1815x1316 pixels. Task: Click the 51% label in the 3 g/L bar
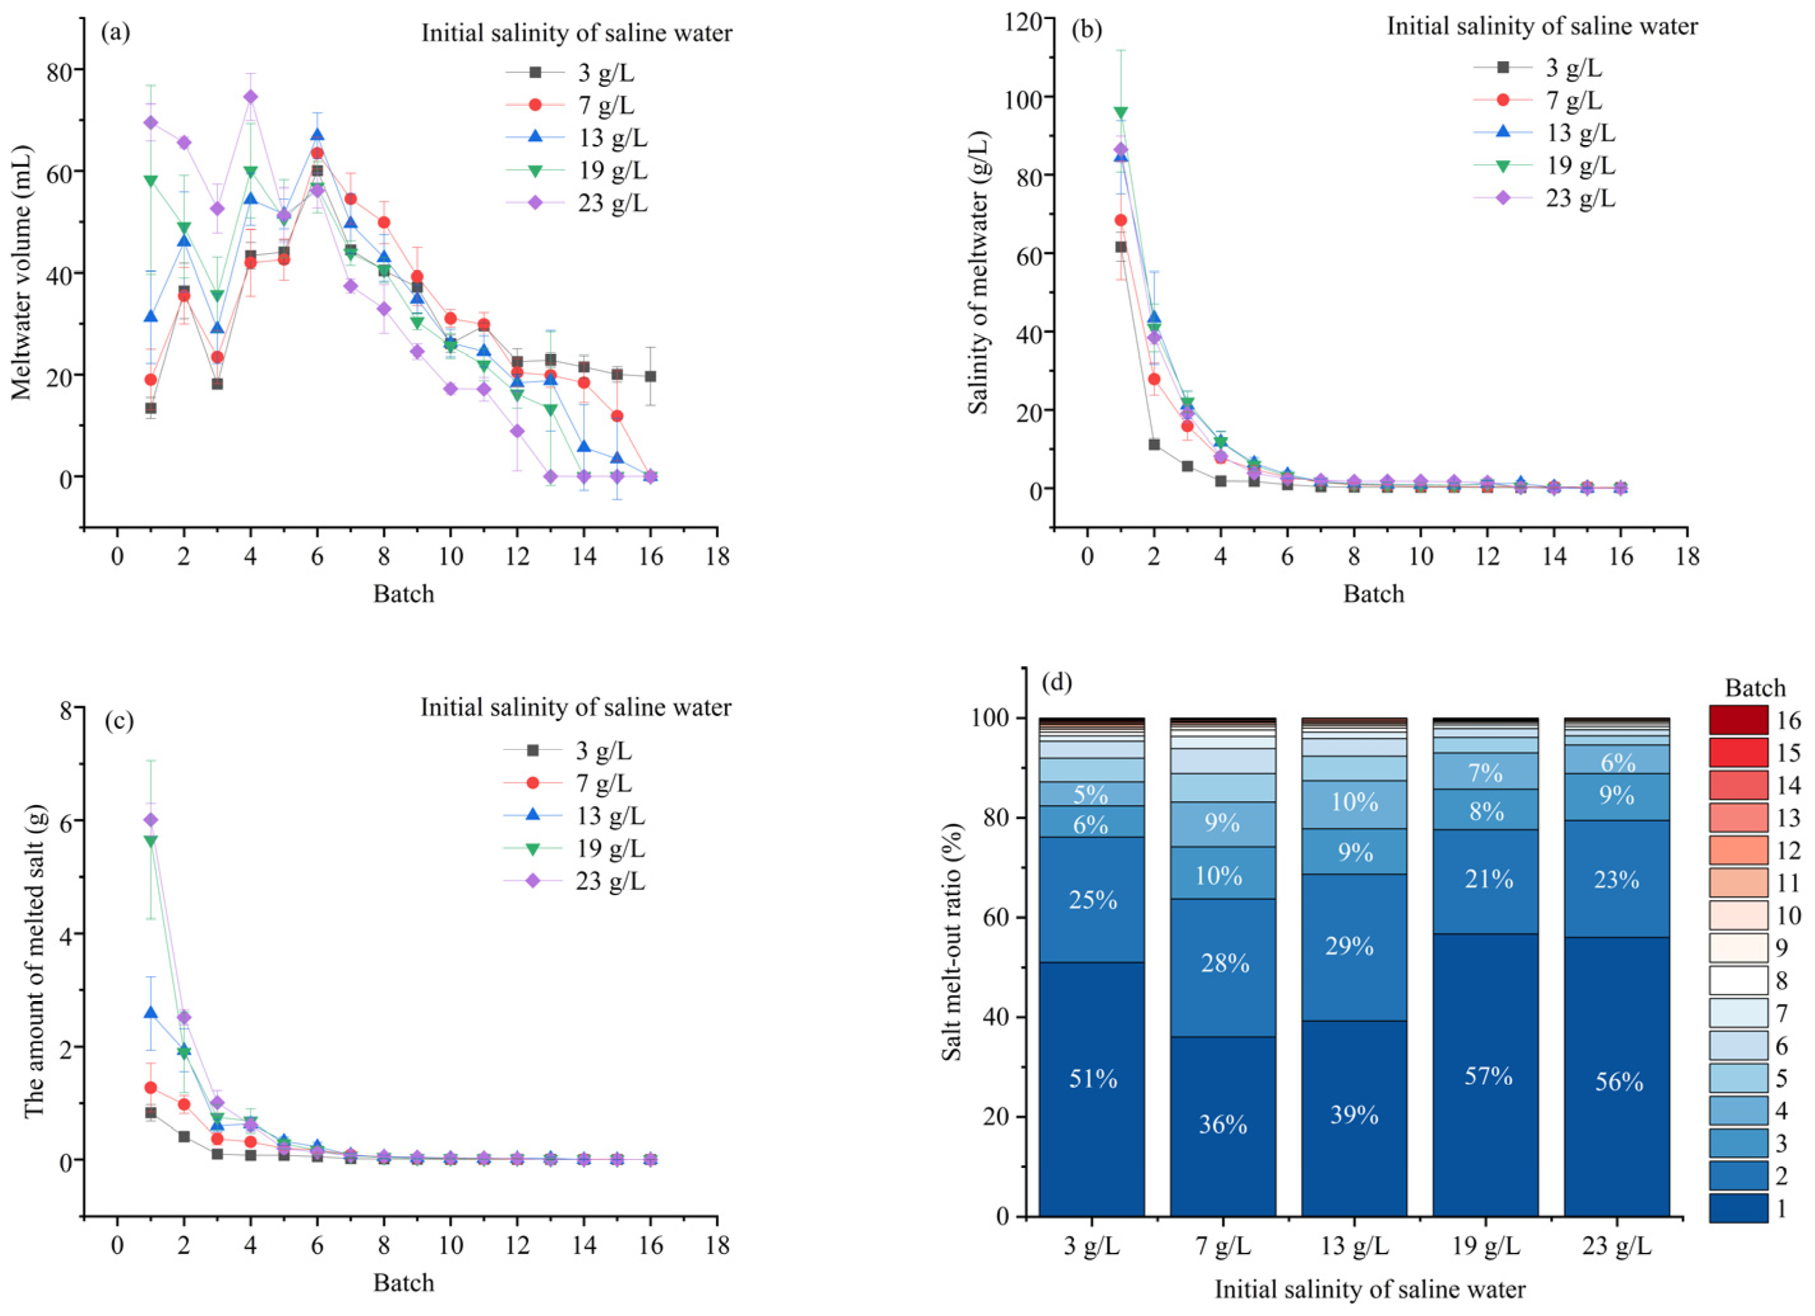(1092, 1079)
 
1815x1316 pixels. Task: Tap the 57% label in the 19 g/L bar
(1487, 1076)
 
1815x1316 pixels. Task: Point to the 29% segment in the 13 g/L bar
(1354, 946)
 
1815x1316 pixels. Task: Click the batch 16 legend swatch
(1738, 719)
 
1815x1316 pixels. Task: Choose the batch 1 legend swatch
(1738, 1208)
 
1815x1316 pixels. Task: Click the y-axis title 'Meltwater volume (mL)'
(22, 272)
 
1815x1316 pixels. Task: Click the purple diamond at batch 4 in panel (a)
(250, 97)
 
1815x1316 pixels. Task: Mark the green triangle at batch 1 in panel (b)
(1120, 113)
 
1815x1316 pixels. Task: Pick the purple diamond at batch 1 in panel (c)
(151, 820)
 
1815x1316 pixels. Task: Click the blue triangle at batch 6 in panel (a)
(317, 135)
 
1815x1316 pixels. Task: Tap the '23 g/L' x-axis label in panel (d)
(1617, 1247)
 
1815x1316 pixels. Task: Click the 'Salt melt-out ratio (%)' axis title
(952, 942)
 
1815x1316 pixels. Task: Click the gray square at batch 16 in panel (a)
(651, 376)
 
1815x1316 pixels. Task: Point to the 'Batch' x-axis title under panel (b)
(1373, 594)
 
